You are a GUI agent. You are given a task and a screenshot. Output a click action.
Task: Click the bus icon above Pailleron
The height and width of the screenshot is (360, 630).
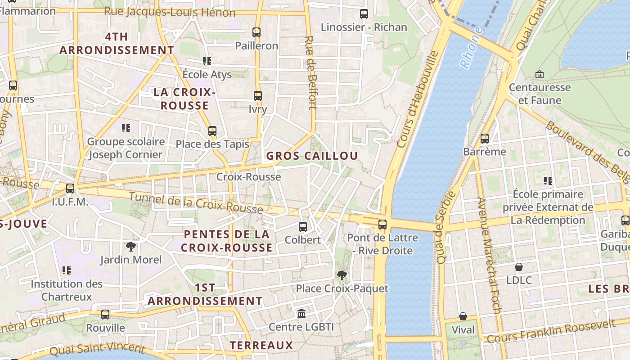pyautogui.click(x=256, y=32)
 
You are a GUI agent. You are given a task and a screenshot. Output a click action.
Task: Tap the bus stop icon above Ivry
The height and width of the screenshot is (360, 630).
pyautogui.click(x=257, y=96)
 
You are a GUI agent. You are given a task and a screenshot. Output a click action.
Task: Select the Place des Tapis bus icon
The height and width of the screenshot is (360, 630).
pyautogui.click(x=212, y=131)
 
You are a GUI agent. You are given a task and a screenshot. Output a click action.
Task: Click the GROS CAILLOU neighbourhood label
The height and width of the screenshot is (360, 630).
pyautogui.click(x=312, y=156)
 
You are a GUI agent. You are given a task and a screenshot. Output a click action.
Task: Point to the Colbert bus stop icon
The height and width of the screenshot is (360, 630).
pyautogui.click(x=303, y=227)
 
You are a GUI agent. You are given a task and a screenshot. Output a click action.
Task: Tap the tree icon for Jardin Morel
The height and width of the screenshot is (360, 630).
pyautogui.click(x=131, y=246)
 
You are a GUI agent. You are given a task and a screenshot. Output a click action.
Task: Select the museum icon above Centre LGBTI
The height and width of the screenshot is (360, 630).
pyautogui.click(x=301, y=313)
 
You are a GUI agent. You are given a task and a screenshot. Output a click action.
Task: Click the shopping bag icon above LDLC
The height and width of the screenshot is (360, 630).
pyautogui.click(x=519, y=267)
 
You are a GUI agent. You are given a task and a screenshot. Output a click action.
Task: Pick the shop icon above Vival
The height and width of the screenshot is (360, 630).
pyautogui.click(x=463, y=316)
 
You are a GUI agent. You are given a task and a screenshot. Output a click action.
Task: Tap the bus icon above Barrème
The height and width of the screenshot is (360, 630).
pyautogui.click(x=485, y=139)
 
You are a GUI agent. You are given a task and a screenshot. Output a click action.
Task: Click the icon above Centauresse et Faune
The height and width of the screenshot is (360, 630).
pyautogui.click(x=540, y=74)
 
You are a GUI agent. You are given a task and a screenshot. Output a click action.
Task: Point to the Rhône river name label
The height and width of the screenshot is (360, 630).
pyautogui.click(x=471, y=48)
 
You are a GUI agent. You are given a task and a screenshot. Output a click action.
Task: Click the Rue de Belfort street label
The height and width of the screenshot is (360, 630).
pyautogui.click(x=310, y=72)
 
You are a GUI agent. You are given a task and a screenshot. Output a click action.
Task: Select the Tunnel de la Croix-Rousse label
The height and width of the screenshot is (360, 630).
pyautogui.click(x=196, y=203)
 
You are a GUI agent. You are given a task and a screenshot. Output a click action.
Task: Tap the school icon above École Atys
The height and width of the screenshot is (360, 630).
pyautogui.click(x=207, y=61)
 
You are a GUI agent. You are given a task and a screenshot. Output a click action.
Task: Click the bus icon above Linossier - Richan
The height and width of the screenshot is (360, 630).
pyautogui.click(x=364, y=14)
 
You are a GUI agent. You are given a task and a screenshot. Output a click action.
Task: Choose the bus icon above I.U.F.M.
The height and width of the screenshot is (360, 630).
pyautogui.click(x=70, y=189)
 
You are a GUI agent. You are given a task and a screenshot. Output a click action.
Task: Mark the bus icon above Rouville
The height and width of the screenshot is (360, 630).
pyautogui.click(x=105, y=315)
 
